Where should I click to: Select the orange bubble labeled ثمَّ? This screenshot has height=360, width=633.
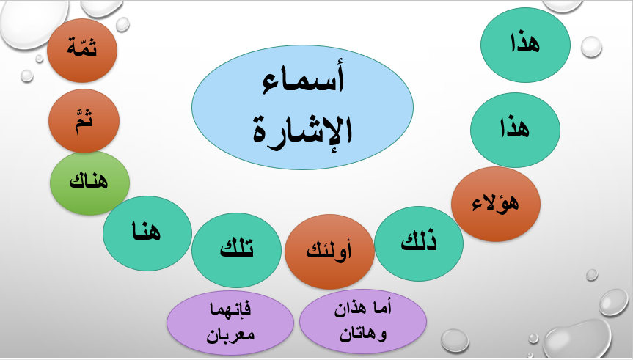pyautogui.click(x=84, y=120)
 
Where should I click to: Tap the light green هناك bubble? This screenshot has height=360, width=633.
pyautogui.click(x=89, y=183)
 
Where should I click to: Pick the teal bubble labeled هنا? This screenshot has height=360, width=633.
pyautogui.click(x=143, y=232)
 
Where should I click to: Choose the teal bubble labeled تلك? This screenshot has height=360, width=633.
pyautogui.click(x=236, y=250)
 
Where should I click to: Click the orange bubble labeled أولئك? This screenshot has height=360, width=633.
pyautogui.click(x=329, y=251)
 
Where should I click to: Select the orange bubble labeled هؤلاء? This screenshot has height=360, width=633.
pyautogui.click(x=496, y=202)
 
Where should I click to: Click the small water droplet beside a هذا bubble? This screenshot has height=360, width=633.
pyautogui.click(x=591, y=48)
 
